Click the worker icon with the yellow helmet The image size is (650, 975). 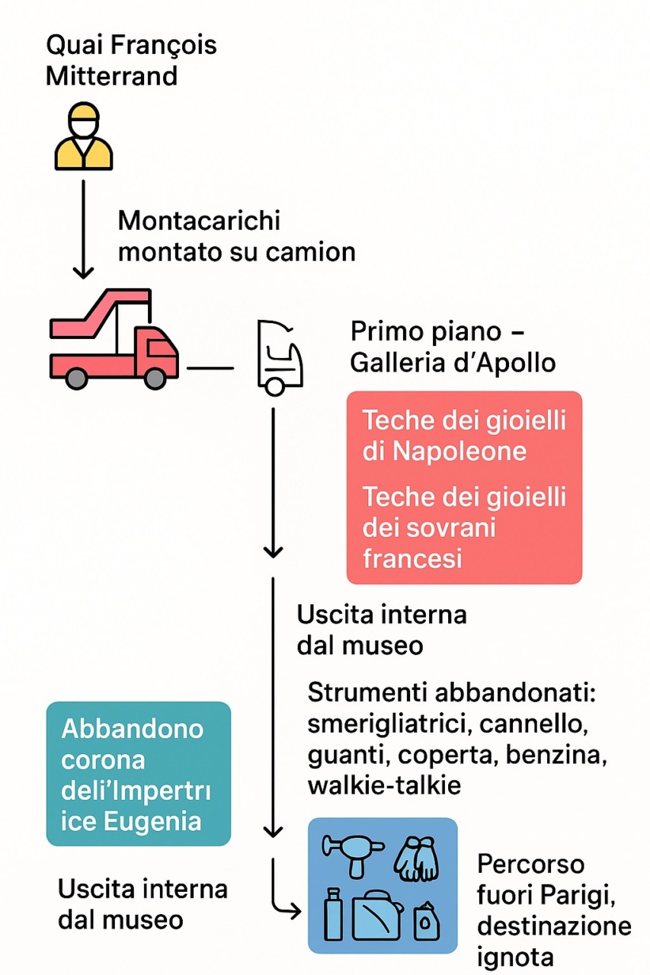click(83, 137)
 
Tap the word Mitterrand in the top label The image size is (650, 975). click(111, 76)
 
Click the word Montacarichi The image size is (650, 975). click(199, 221)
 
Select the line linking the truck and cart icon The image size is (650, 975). click(210, 369)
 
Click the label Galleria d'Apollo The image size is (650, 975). click(453, 363)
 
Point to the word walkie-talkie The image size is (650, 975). click(384, 785)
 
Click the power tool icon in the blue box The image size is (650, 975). click(351, 854)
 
